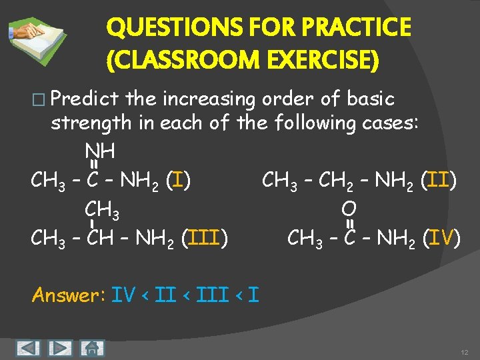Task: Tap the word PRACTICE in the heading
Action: click(x=358, y=28)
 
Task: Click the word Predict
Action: click(x=85, y=99)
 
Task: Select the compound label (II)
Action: click(x=441, y=179)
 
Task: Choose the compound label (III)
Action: click(x=209, y=237)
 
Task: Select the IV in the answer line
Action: click(x=123, y=295)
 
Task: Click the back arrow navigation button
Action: click(x=27, y=347)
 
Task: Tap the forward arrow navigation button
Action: click(x=60, y=347)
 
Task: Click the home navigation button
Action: click(x=93, y=347)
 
